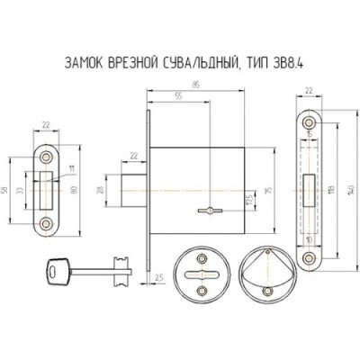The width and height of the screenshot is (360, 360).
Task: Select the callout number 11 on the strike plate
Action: [x=71, y=166]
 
